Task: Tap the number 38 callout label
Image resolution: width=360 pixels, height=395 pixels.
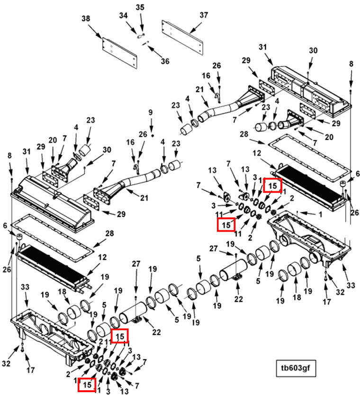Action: point(86,18)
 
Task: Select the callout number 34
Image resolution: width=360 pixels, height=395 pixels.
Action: point(123,16)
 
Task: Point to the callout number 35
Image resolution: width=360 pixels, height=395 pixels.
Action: point(140,8)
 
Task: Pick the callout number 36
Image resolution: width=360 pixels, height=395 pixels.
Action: point(164,61)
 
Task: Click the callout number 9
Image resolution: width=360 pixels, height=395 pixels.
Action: point(151,113)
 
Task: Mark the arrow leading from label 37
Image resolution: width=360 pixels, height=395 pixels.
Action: point(194,27)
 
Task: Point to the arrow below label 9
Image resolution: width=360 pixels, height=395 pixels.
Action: point(151,126)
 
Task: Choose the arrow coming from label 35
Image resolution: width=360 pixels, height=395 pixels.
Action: point(141,22)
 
